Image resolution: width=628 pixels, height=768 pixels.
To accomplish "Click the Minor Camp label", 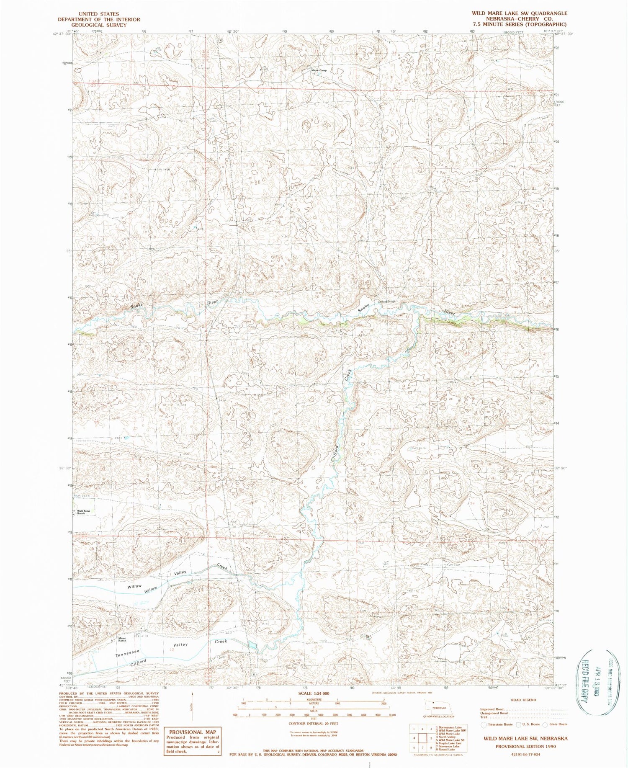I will pos(319,70).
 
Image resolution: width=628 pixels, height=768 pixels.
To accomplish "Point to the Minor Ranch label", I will pos(122,639).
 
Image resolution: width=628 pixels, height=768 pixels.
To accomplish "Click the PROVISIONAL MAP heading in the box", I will pos(193,732).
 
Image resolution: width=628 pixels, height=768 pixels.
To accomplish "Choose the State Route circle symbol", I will pos(545,724).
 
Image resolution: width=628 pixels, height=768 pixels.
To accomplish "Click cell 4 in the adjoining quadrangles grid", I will pos(414,738).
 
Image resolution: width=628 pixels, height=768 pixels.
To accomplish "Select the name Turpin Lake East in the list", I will pos(448,743).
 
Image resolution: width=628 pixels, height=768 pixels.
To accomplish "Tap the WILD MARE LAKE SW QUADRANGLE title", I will pos(520,13).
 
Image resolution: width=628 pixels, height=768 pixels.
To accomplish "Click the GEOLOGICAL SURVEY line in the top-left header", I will pos(99,25).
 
